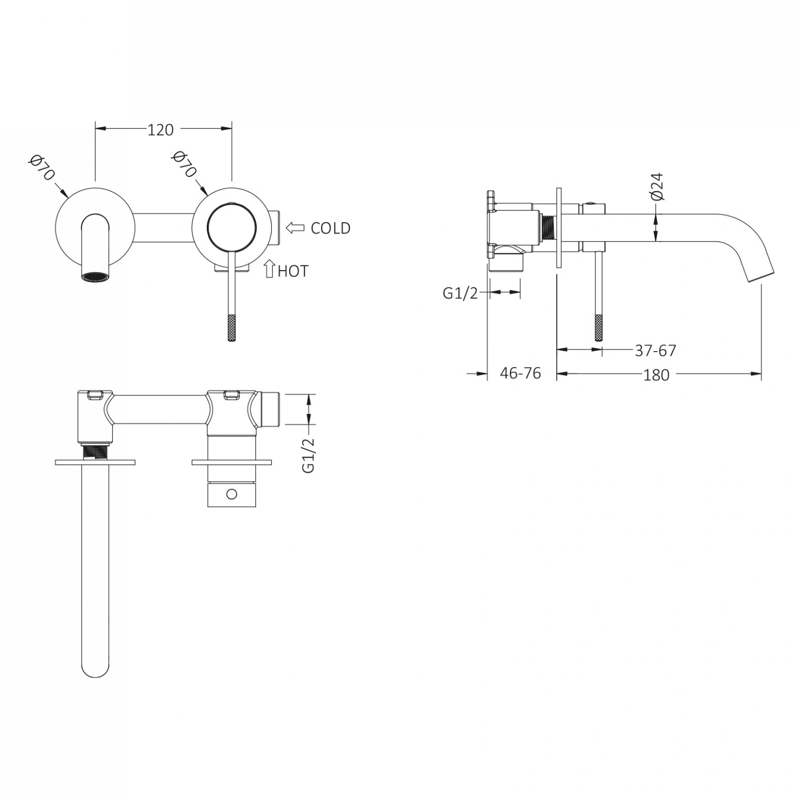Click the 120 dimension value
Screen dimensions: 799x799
(x=161, y=130)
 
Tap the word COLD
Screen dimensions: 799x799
(x=330, y=228)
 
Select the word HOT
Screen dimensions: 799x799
(x=292, y=271)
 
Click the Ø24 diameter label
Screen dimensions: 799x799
(x=657, y=187)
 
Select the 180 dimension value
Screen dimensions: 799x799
(x=656, y=375)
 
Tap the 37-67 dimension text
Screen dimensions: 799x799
(x=655, y=351)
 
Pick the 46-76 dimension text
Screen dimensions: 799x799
(x=521, y=373)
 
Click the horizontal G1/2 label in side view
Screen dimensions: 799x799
(x=461, y=293)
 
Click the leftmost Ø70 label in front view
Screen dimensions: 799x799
(x=42, y=167)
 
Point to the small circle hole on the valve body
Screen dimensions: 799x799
(x=231, y=494)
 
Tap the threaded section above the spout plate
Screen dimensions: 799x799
(x=96, y=452)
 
